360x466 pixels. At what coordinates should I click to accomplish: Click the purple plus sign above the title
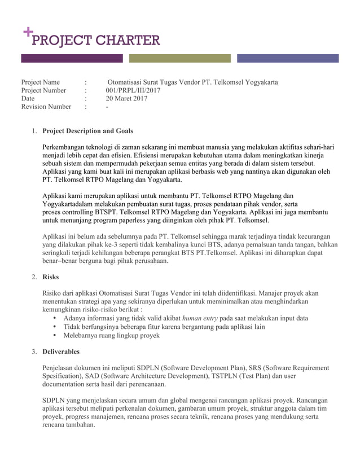[x=27, y=32]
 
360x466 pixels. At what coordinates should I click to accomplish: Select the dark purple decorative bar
[x=72, y=58]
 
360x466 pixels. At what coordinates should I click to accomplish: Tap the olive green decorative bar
[x=180, y=58]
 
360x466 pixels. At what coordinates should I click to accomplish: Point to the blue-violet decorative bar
[x=288, y=58]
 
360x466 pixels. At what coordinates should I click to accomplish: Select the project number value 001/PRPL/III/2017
[x=133, y=90]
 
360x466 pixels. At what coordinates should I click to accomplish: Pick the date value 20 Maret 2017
[x=126, y=98]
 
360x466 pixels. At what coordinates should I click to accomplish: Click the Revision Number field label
[x=46, y=107]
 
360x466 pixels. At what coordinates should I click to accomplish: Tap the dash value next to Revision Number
[x=107, y=107]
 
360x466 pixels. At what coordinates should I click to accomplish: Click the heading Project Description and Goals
[x=88, y=131]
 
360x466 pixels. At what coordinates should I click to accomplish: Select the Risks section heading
[x=51, y=277]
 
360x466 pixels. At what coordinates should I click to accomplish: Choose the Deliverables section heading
[x=61, y=351]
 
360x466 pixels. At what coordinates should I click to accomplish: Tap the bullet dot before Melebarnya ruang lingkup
[x=54, y=335]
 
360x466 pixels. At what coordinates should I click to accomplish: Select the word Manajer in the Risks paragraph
[x=270, y=293]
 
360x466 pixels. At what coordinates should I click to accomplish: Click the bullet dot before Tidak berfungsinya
[x=54, y=327]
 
